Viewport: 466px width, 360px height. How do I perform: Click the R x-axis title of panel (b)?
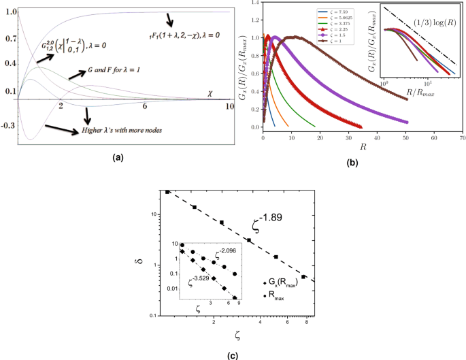(361, 146)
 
